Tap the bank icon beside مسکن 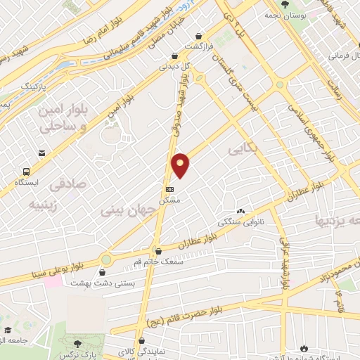[169, 189]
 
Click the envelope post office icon [43, 153]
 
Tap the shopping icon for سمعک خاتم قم [158, 251]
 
